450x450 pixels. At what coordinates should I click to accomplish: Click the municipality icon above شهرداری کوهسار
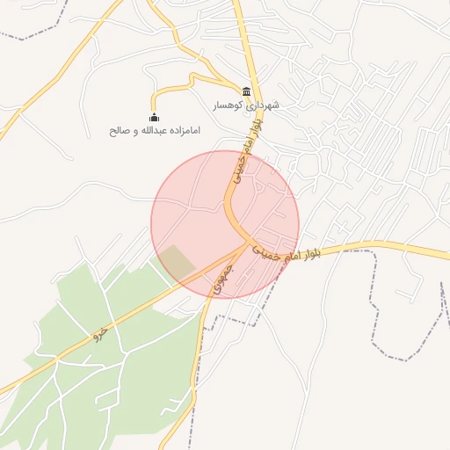point(246,91)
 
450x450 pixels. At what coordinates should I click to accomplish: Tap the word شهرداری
point(263,105)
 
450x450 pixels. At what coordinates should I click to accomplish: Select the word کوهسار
point(228,105)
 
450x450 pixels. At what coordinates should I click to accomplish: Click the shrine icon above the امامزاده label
point(155,117)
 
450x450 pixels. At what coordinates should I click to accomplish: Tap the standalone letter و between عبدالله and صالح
point(131,130)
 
